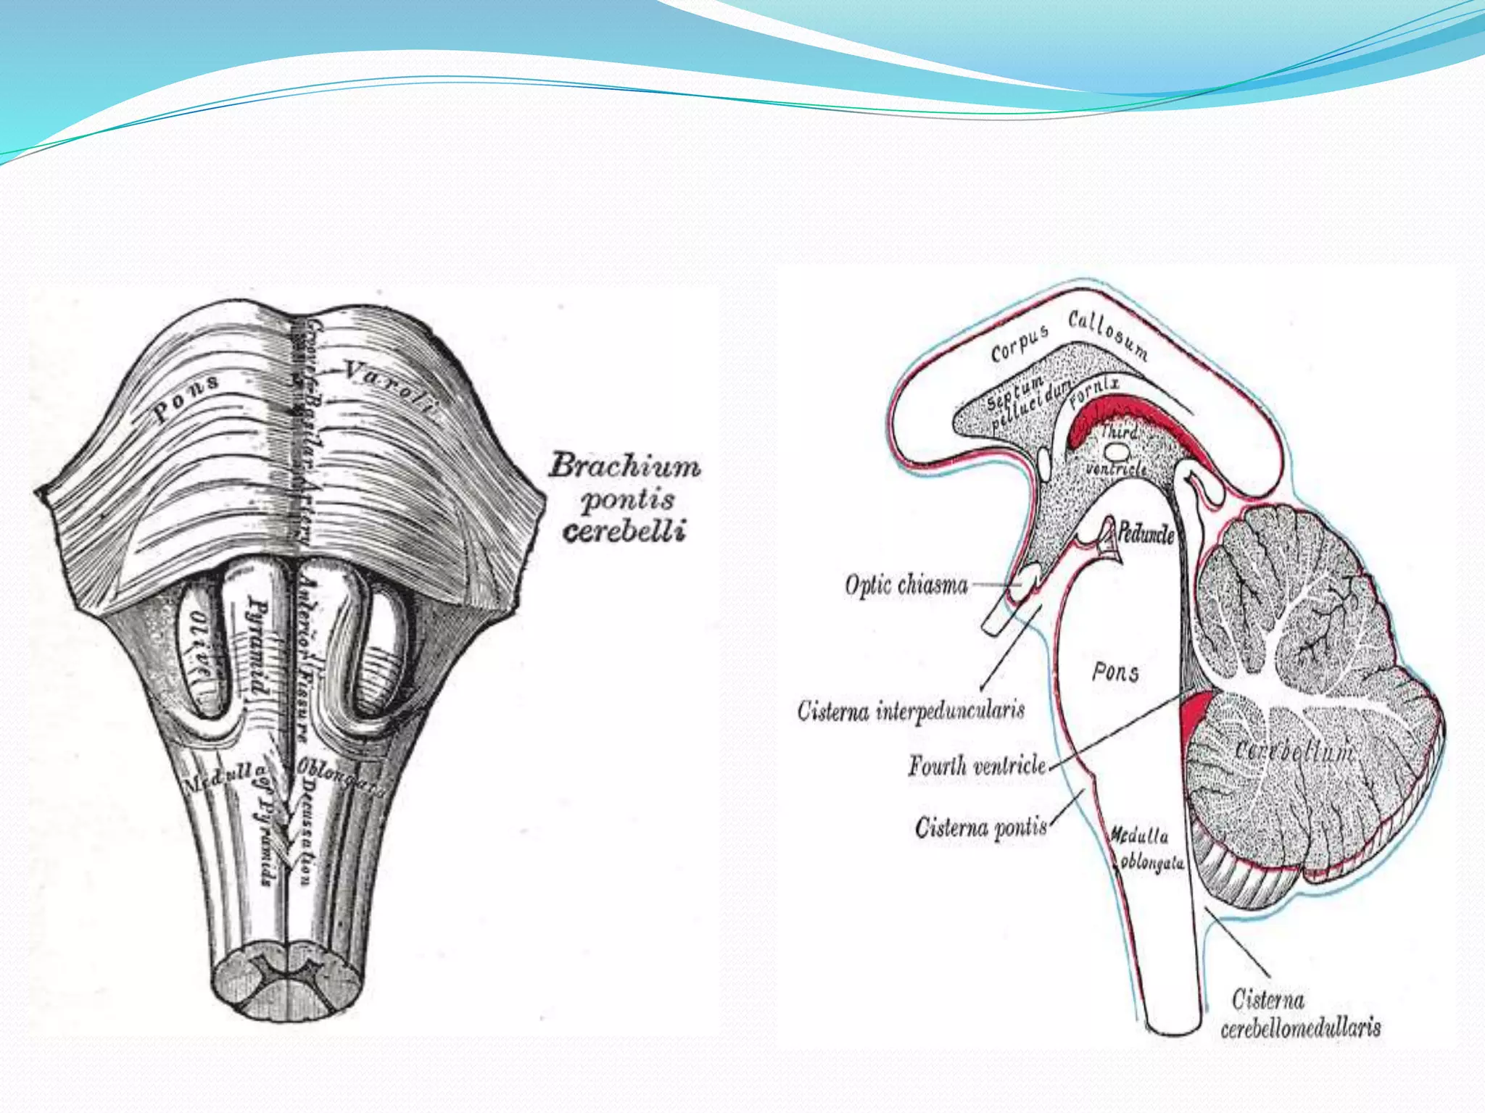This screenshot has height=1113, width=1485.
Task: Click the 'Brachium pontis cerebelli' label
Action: coord(624,499)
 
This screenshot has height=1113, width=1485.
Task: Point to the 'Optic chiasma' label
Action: coord(906,584)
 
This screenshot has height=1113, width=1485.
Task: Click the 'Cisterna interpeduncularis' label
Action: coord(911,710)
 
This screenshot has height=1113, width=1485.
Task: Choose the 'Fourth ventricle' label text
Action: coord(977,765)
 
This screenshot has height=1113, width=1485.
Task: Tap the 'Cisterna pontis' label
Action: coord(981,827)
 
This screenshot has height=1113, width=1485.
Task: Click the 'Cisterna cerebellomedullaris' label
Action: coord(1299,1014)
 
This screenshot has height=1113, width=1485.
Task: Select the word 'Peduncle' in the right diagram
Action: coord(1145,534)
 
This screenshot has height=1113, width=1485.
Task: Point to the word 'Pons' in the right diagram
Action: coord(1115,672)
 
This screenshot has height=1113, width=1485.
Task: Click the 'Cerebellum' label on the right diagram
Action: coord(1294,751)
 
